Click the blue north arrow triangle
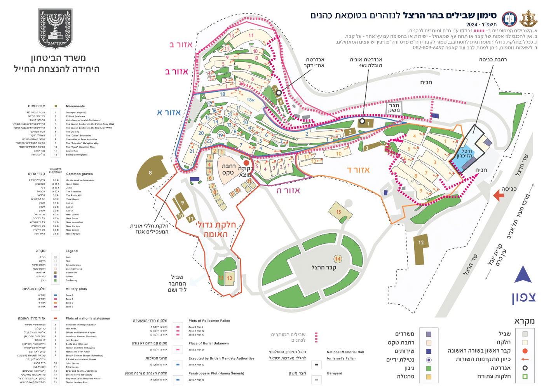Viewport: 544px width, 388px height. coord(523,275)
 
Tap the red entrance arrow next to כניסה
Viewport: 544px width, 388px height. coord(498,196)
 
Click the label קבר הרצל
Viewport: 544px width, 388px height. coord(323,267)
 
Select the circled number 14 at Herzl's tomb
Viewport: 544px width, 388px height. coord(337,259)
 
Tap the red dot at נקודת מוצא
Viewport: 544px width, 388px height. coord(246,163)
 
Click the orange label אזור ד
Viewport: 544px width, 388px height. coord(358,170)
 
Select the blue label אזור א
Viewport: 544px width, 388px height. coord(169,113)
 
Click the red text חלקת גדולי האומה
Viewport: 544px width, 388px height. coord(216,229)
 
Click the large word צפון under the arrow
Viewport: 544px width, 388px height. coord(523,297)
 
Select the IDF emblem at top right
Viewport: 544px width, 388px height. coord(528,19)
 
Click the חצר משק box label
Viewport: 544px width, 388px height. coord(394,108)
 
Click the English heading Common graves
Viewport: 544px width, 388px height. coord(79,174)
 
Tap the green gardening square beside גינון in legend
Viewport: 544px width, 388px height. coord(429,368)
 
